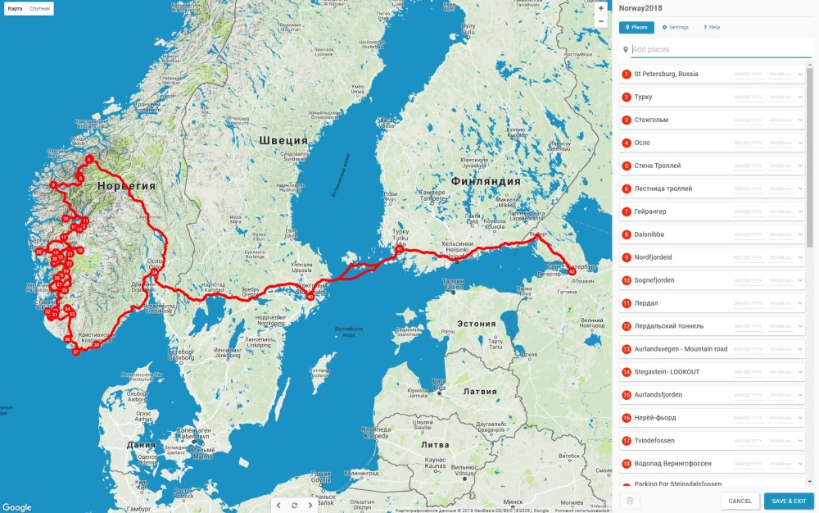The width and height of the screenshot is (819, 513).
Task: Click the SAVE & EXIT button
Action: click(789, 501)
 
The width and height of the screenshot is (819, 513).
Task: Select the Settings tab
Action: click(676, 27)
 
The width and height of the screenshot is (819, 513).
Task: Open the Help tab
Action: click(712, 27)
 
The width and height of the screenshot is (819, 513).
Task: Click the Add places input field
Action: click(719, 49)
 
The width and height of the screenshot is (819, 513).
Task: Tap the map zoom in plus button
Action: click(601, 7)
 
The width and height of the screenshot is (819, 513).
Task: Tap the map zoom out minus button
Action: click(601, 20)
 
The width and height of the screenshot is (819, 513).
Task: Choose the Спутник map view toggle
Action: click(40, 8)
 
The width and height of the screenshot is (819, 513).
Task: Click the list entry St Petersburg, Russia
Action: click(666, 74)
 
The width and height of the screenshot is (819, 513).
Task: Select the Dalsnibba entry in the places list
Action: click(649, 234)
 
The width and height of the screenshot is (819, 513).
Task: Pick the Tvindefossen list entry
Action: click(654, 441)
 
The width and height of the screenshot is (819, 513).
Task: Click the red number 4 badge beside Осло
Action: click(627, 143)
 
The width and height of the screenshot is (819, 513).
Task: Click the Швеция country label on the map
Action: click(283, 140)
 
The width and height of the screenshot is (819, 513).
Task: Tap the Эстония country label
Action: click(477, 324)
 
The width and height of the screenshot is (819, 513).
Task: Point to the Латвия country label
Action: click(480, 391)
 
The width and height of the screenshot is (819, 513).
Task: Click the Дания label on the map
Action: click(141, 445)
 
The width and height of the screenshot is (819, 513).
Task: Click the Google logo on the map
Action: click(17, 506)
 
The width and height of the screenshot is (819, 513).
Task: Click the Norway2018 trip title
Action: click(640, 8)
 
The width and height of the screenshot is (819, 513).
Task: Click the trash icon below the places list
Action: click(629, 501)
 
